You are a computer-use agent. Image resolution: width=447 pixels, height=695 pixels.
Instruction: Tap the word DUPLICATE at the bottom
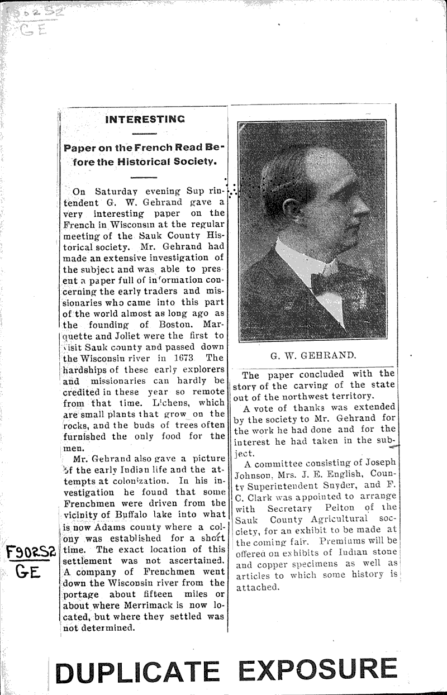click(x=137, y=671)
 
